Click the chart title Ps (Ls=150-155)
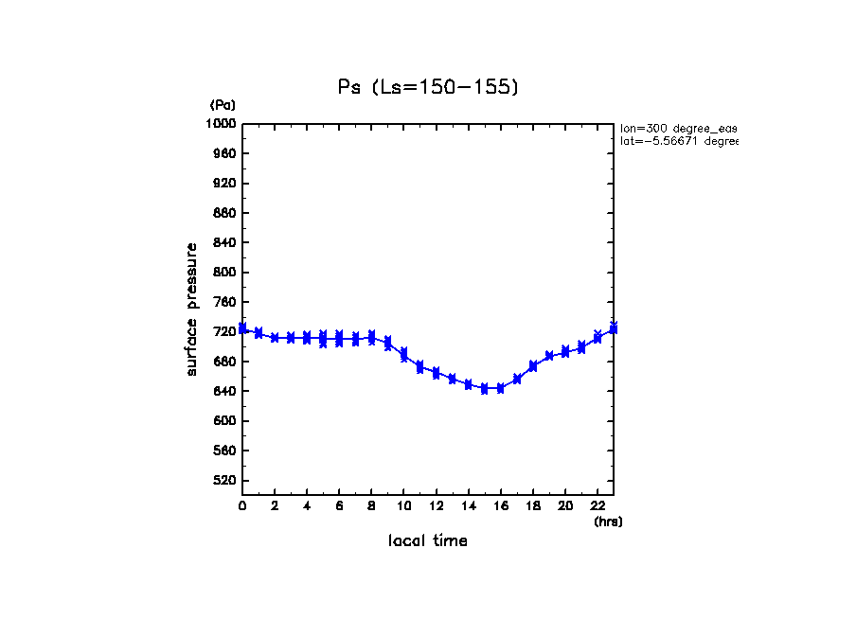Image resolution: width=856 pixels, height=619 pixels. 428,87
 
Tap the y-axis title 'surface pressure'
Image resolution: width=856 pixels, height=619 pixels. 192,309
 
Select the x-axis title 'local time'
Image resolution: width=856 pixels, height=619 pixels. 428,540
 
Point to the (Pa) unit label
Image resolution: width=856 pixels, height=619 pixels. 223,105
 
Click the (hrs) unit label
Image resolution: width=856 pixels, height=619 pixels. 608,522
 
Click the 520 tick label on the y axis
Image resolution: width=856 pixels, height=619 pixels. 225,481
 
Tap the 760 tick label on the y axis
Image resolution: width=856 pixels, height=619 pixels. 225,302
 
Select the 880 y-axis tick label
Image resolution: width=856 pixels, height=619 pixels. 225,213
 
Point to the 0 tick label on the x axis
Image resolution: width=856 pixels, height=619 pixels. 242,506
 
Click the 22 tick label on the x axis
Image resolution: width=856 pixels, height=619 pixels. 597,506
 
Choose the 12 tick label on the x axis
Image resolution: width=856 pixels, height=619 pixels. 436,506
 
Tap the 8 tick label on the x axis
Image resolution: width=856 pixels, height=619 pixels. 371,506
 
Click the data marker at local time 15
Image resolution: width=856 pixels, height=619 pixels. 485,388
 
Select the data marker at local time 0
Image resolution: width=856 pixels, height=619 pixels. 242,328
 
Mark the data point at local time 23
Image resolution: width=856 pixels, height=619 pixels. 614,327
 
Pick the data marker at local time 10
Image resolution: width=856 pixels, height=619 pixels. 404,355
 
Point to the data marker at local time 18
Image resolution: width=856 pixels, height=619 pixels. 533,365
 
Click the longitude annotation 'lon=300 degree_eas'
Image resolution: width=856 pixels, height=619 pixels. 678,128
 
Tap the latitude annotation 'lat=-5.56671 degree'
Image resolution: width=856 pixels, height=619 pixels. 678,141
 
